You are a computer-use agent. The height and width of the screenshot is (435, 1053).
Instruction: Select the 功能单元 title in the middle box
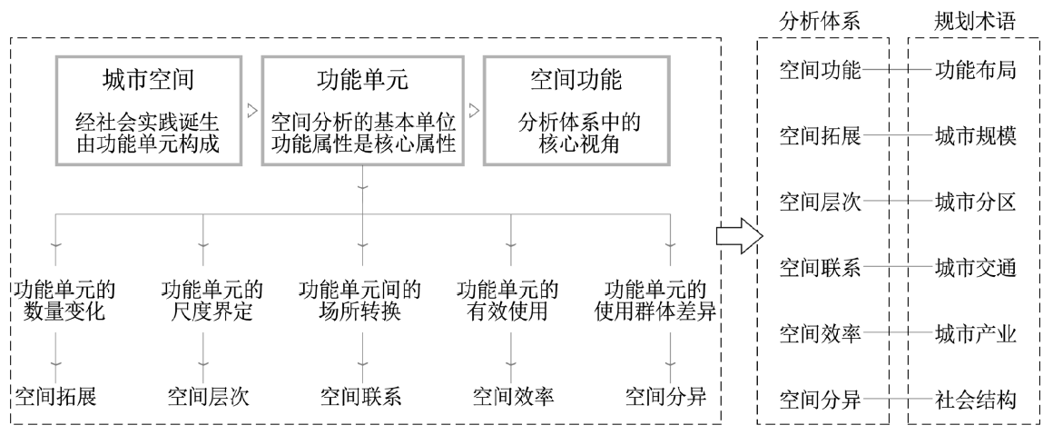click(362, 80)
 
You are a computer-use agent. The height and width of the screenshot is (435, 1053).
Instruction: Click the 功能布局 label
click(975, 70)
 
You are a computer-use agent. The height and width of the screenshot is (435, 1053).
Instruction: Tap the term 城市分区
click(975, 202)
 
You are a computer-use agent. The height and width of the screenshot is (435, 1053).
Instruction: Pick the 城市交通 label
click(975, 268)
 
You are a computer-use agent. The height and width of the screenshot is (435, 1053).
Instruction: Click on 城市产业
click(975, 333)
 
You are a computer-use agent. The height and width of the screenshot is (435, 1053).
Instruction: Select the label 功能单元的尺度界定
click(209, 303)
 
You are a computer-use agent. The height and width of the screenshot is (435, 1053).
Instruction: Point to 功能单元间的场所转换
click(360, 303)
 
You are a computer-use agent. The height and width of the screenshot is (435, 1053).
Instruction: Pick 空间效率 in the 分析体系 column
click(821, 333)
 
